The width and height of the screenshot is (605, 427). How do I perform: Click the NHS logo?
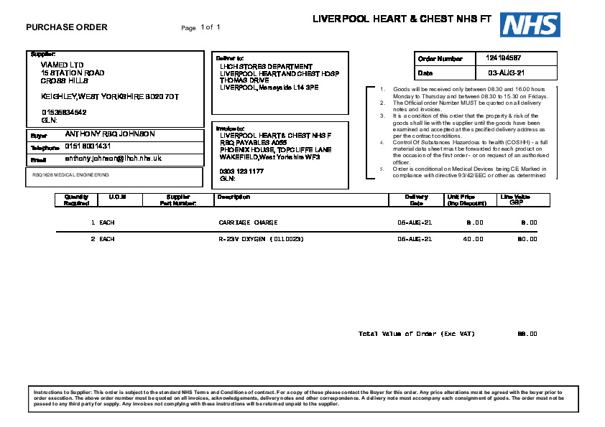pos(530,24)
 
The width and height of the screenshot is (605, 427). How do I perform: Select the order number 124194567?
pos(504,57)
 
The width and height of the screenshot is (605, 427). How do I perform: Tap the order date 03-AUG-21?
pos(507,73)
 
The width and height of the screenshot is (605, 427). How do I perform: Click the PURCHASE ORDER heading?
pos(67,27)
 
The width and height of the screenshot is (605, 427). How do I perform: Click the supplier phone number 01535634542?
pos(64,112)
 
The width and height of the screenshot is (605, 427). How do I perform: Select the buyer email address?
pos(113,158)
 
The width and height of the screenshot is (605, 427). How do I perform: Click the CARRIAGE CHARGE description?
pos(248,222)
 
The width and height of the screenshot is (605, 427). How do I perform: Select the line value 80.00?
pos(527,238)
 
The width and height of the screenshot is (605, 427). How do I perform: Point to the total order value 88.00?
pos(527,334)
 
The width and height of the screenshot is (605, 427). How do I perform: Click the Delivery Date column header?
pos(416,200)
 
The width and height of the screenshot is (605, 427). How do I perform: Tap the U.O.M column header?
pos(117,197)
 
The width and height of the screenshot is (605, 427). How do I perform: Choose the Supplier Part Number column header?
pos(178,200)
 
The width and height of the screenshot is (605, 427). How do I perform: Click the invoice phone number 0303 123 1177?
pos(241,171)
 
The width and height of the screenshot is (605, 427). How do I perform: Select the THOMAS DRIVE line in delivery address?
pos(244,80)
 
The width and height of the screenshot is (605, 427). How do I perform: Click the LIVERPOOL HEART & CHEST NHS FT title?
pos(402,19)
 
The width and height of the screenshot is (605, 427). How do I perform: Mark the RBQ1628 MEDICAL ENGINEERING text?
pos(70,174)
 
